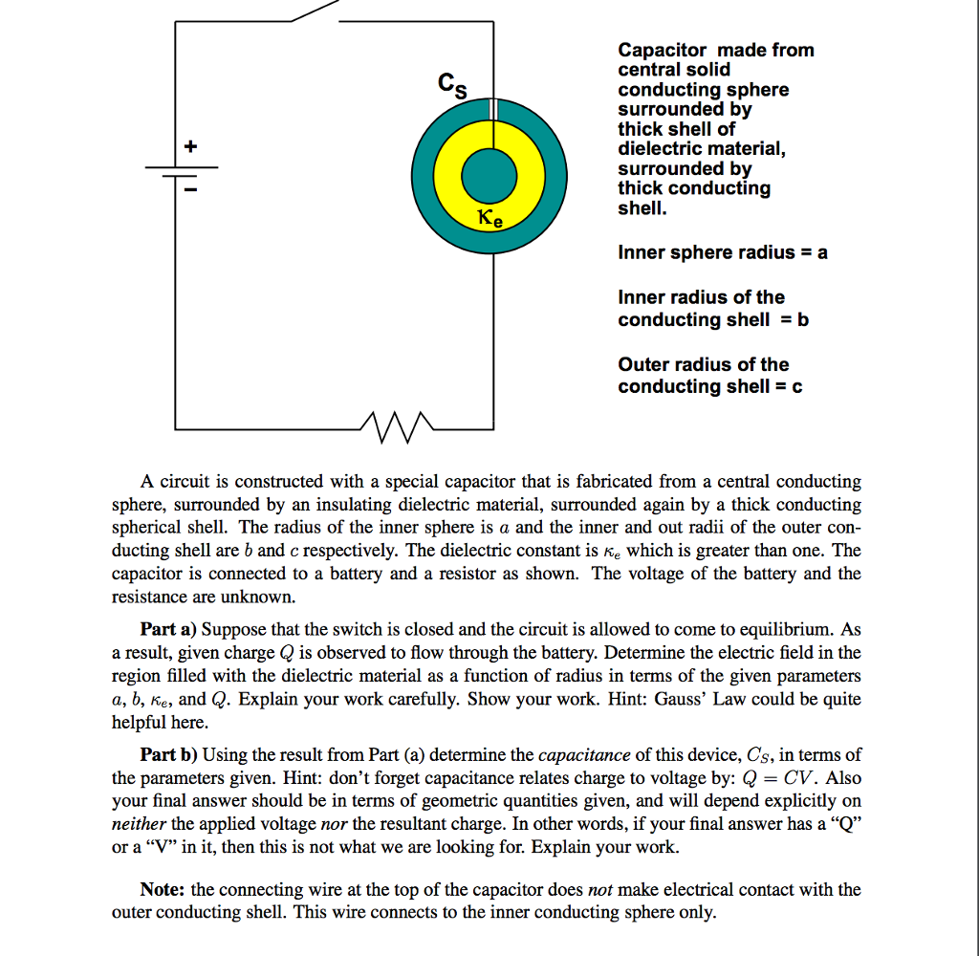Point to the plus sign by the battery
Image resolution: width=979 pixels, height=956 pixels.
190,147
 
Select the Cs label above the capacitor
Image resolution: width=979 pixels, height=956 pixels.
452,86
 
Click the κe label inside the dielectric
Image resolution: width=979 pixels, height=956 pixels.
489,219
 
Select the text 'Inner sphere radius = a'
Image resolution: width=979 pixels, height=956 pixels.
723,252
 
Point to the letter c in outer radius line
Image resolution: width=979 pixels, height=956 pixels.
797,386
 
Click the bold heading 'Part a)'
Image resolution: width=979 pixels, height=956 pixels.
169,629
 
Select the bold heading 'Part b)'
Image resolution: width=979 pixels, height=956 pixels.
169,755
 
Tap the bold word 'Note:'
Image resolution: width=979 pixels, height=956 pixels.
163,889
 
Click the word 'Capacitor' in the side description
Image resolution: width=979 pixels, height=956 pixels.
663,50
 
